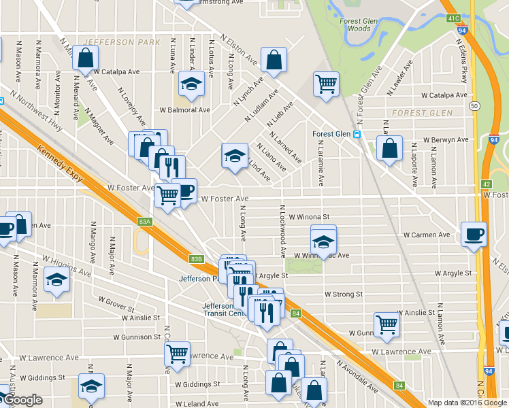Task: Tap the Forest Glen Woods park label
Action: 355,25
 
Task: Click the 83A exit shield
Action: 144,222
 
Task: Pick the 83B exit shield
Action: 196,258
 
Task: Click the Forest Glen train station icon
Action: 357,134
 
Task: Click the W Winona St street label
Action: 309,217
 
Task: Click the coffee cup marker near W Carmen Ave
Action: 474,234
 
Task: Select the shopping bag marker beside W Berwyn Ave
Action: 389,149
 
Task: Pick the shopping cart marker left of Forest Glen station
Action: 326,84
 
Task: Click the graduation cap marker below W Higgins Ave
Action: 57,279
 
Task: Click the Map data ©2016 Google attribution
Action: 467,403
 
